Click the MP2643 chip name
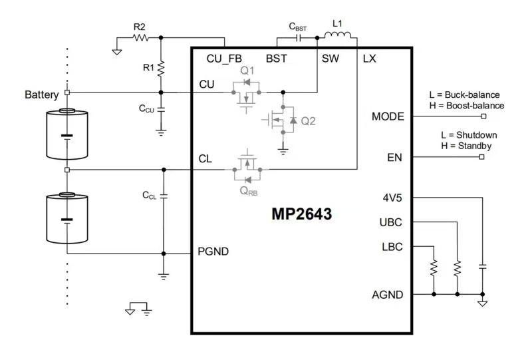(301, 215)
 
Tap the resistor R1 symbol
(161, 68)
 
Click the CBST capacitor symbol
(298, 39)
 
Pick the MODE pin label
(388, 116)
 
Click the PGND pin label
(214, 252)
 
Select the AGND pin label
(387, 294)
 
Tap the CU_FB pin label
(224, 59)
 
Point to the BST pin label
(276, 59)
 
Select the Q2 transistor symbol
(283, 120)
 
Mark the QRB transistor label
(248, 190)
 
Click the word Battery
(42, 94)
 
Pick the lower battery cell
(66, 218)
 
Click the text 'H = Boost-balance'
(467, 106)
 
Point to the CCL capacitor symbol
(164, 195)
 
